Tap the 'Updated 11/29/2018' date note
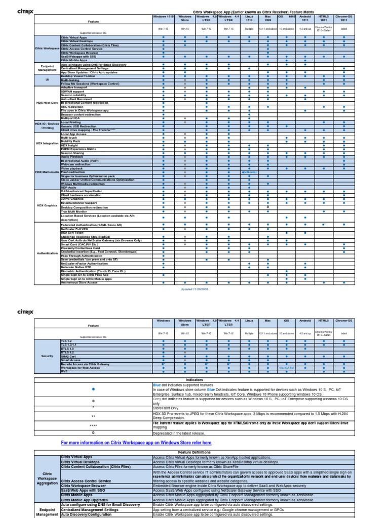pos(194,289)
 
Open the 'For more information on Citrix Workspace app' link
pos(136,443)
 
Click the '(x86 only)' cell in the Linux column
pos(250,172)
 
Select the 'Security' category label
pos(47,356)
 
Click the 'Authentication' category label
pos(47,252)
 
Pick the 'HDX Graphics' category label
pos(47,205)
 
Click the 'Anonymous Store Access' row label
pos(80,282)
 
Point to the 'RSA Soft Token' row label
pos(74,232)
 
